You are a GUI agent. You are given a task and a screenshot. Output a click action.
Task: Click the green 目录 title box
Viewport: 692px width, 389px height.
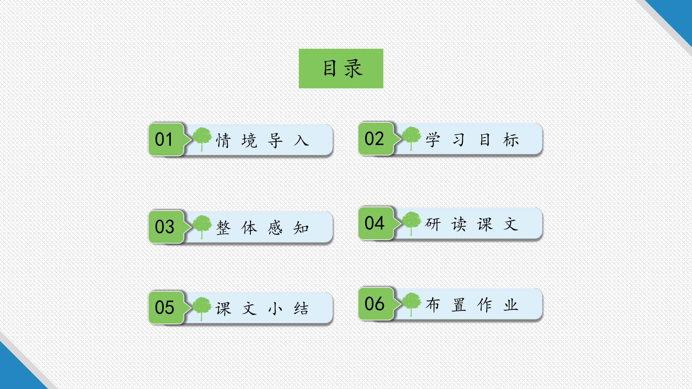pos(341,68)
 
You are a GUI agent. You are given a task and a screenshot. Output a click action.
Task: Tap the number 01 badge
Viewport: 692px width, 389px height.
pos(166,139)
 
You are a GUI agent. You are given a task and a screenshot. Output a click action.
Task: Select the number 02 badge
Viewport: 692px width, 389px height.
pos(376,138)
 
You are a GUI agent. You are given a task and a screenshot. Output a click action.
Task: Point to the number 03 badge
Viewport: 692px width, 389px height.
pos(166,227)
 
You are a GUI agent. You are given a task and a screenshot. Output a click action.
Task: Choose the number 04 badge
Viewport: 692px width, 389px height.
pos(376,223)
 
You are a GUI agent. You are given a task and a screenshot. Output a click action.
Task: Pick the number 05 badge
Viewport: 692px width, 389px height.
pos(166,307)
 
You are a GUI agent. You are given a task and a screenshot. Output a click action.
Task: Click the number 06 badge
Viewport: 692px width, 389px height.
pos(376,304)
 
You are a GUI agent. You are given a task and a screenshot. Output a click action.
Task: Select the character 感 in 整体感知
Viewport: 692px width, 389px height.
pos(275,228)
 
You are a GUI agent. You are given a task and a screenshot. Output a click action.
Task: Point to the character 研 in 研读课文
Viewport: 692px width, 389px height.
pos(433,224)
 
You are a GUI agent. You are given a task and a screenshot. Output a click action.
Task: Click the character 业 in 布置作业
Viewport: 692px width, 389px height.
pos(511,305)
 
